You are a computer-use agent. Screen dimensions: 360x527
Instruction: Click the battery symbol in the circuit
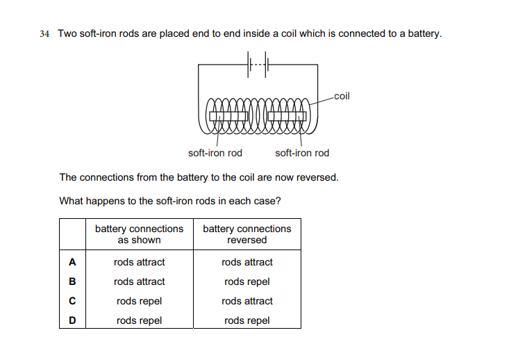[x=258, y=65]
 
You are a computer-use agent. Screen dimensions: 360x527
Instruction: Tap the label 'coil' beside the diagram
[x=342, y=96]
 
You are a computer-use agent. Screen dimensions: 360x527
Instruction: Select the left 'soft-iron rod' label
[x=215, y=153]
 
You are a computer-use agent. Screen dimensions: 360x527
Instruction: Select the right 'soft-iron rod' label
[x=302, y=153]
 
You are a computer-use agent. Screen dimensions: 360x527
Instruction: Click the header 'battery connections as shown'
[x=139, y=234]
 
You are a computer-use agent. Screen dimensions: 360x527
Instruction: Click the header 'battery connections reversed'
[x=246, y=234]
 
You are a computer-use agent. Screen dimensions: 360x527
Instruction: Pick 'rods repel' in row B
[x=246, y=281]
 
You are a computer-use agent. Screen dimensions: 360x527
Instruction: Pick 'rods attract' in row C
[x=246, y=301]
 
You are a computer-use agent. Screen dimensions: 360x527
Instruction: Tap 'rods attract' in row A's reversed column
[x=246, y=262]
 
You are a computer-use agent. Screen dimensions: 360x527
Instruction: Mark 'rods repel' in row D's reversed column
[x=246, y=320]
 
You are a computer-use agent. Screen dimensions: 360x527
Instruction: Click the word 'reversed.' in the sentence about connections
[x=317, y=177]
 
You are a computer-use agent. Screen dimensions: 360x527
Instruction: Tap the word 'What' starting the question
[x=72, y=201]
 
